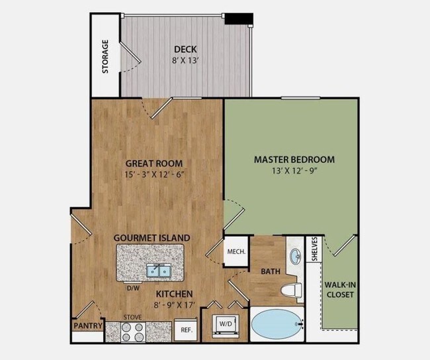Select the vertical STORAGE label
click(105, 56)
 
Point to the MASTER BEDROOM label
click(294, 159)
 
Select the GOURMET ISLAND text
click(151, 237)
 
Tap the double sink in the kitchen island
click(157, 270)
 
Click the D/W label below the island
click(132, 287)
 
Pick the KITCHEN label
click(174, 294)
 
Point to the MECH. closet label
click(236, 251)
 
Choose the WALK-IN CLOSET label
click(339, 289)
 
